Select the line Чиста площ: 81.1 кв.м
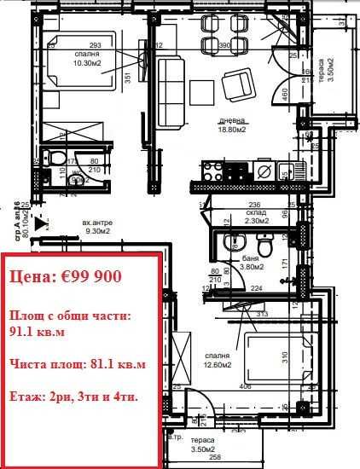78,364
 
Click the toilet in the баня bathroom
265,247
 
